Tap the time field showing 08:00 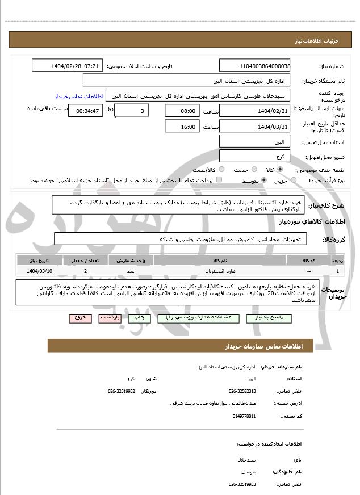click(182, 111)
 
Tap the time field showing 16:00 click(182, 127)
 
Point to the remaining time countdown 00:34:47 click(86, 111)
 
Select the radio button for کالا click(280, 170)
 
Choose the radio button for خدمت click(253, 170)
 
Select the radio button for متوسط click(264, 180)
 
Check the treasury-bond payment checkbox click(219, 180)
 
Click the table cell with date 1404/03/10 click(39, 271)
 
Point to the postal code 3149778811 click(244, 417)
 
